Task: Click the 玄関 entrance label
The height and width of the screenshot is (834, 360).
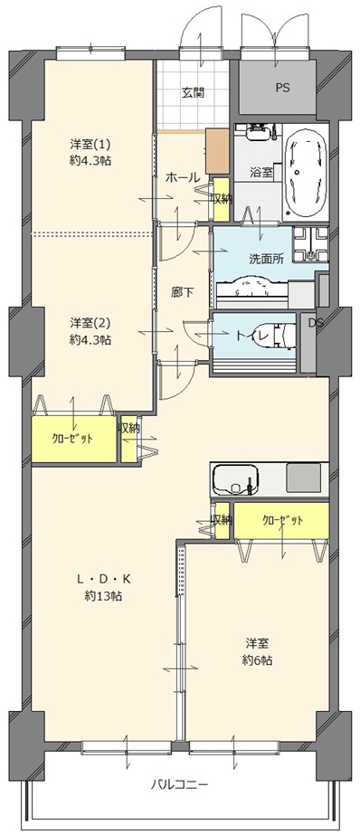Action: (x=194, y=92)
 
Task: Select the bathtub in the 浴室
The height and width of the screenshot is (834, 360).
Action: (x=305, y=170)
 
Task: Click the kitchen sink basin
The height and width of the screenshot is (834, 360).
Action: (x=235, y=479)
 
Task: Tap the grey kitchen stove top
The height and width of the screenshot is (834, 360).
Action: (x=304, y=478)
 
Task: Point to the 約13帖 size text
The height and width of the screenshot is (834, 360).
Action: (x=103, y=596)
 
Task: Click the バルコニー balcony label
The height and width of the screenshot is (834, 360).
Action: (x=180, y=784)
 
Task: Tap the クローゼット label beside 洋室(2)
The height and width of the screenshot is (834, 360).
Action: (x=73, y=439)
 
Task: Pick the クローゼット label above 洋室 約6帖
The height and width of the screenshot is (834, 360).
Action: (x=282, y=520)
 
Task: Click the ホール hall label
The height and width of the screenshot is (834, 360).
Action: (x=183, y=177)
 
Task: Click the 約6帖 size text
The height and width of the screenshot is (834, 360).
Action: (x=259, y=660)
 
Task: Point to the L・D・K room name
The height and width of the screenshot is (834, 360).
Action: (x=103, y=579)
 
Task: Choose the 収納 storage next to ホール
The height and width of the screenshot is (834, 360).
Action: (x=222, y=200)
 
